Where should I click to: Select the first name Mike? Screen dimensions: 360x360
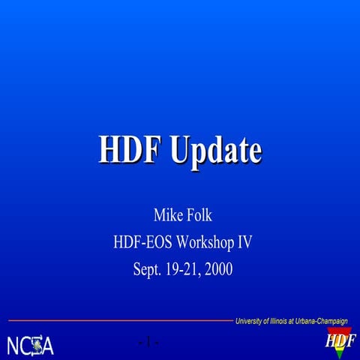tap(166, 217)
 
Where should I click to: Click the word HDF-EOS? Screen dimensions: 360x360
tap(142, 243)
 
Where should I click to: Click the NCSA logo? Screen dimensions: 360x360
tap(30, 345)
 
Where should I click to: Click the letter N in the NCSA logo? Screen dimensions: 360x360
tap(13, 346)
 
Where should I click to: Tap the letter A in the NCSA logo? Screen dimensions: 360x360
tap(47, 346)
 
